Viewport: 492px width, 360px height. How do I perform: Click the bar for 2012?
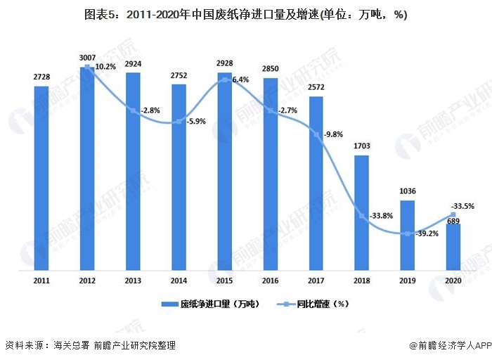point(87,169)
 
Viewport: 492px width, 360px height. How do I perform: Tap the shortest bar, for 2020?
point(453,247)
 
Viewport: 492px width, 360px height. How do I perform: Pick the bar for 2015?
point(225,171)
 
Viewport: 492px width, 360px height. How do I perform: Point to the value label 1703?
point(362,146)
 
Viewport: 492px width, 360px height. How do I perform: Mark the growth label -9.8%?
point(334,134)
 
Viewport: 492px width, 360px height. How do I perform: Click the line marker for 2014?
point(179,122)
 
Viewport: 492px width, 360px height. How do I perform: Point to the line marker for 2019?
point(408,233)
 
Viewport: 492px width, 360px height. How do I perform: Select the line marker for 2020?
point(453,214)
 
